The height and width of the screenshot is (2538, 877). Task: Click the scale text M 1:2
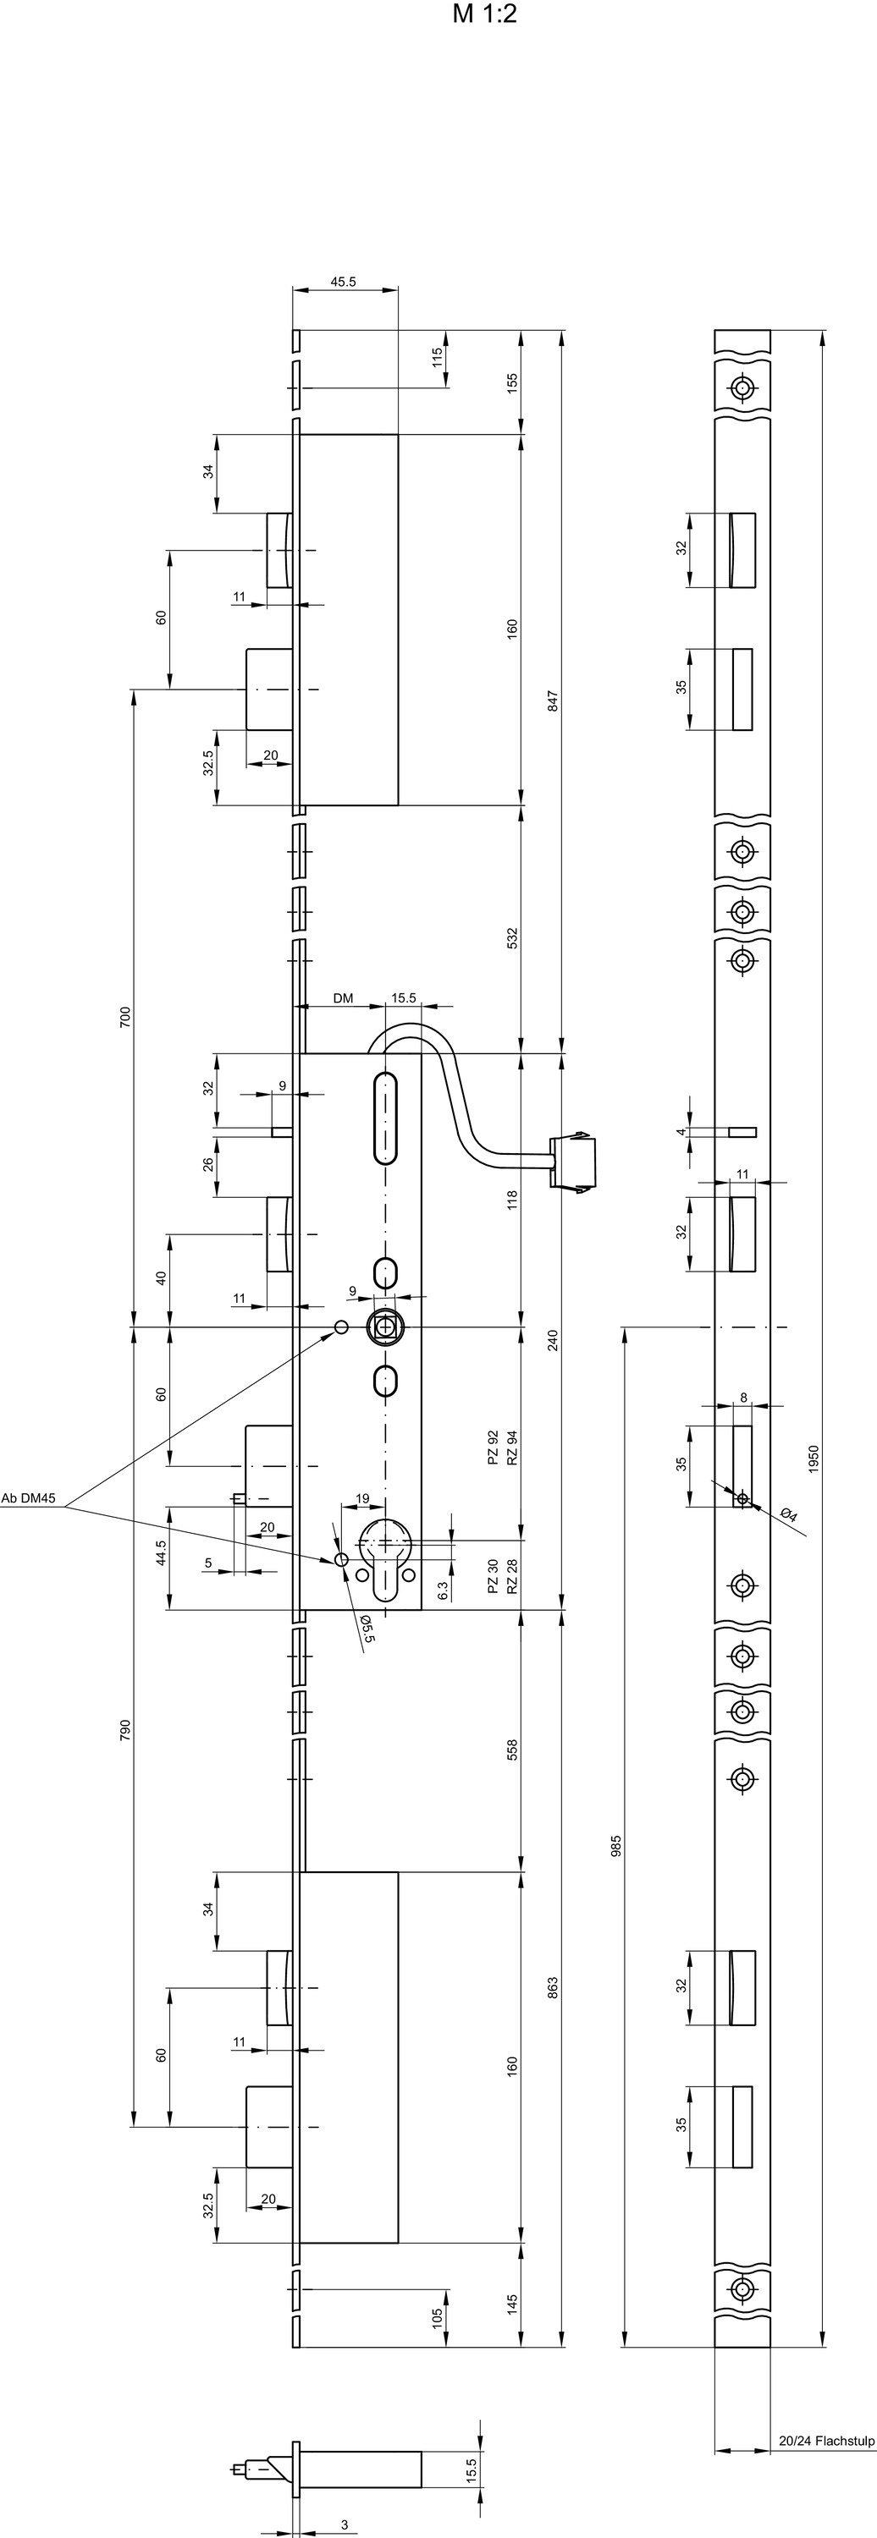pos(485,14)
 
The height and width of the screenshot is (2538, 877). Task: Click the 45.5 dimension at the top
pos(344,282)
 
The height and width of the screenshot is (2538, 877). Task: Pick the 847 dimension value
pos(553,701)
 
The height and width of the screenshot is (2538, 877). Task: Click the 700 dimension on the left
pos(124,1018)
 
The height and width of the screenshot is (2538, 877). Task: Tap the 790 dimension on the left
pos(124,1730)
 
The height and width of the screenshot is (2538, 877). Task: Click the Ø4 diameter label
pos(788,1514)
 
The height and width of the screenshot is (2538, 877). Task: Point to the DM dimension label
pos(343,998)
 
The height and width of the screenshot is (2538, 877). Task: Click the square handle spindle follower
pos(383,1327)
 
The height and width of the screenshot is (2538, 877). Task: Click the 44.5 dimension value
pos(161,1552)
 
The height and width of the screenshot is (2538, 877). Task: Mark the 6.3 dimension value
pos(444,1590)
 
